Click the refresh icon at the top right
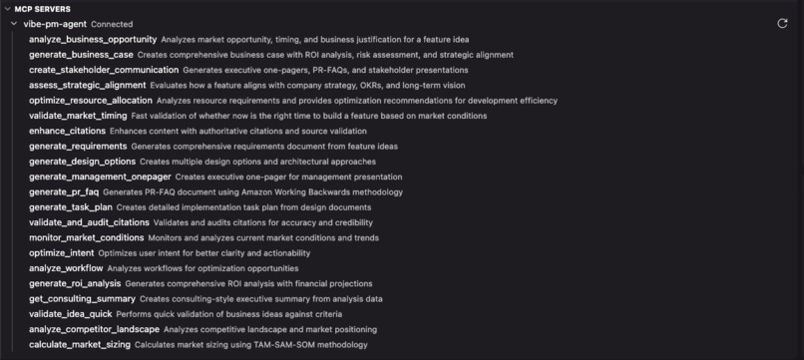[x=782, y=23]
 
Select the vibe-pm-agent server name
[x=55, y=23]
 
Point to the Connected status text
[x=112, y=24]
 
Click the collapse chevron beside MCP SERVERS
[x=6, y=8]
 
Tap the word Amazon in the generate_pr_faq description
[x=231, y=191]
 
